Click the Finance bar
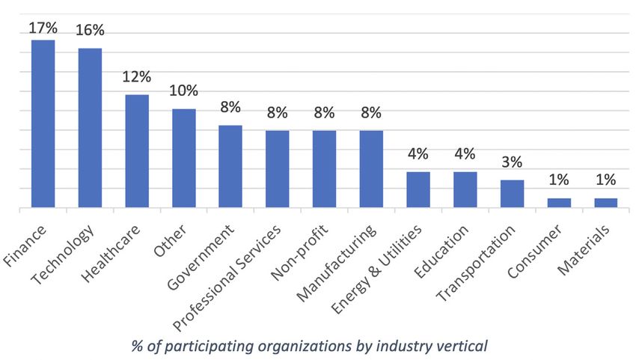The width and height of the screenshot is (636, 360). click(43, 123)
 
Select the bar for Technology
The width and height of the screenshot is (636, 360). click(90, 127)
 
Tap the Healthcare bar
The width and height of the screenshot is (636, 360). click(137, 150)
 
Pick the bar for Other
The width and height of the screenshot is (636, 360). click(184, 158)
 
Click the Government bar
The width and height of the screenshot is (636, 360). click(230, 166)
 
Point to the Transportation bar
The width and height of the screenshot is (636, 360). click(512, 193)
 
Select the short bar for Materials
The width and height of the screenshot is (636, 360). click(606, 202)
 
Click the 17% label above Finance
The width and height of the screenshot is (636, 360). click(43, 28)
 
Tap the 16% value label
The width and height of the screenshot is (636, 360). click(90, 31)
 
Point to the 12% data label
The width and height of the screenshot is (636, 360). click(137, 76)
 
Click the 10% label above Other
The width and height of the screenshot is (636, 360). click(184, 91)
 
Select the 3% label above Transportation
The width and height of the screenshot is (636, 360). click(512, 162)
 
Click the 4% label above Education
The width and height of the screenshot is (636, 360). click(465, 154)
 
